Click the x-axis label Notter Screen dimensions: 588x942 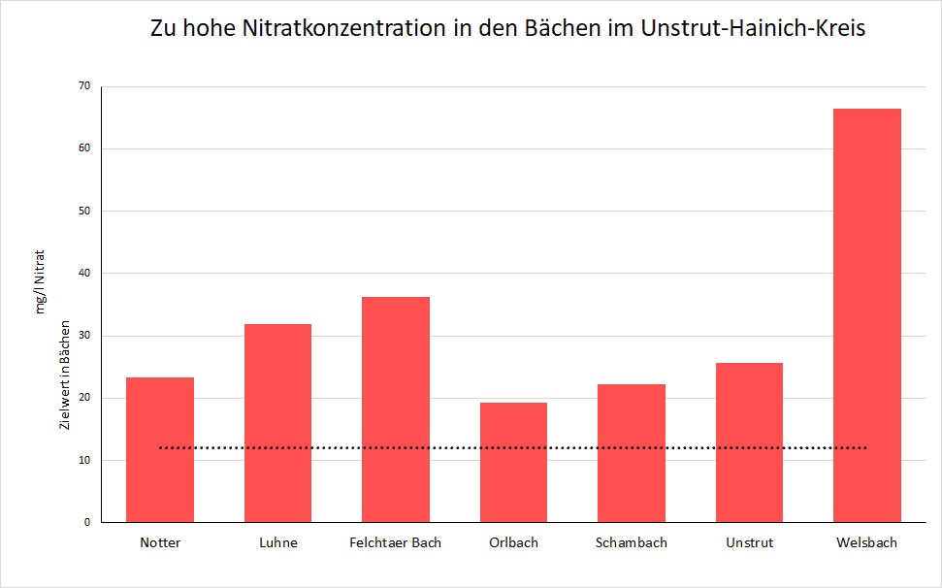pyautogui.click(x=160, y=542)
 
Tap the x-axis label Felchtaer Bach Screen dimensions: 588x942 pyautogui.click(x=396, y=542)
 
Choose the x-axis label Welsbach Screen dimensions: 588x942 pyautogui.click(x=867, y=542)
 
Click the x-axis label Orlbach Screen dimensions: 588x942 pyautogui.click(x=513, y=542)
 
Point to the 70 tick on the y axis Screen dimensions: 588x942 pyautogui.click(x=84, y=86)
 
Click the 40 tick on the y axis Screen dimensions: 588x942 pyautogui.click(x=84, y=274)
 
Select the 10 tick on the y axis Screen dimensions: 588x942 pyautogui.click(x=84, y=460)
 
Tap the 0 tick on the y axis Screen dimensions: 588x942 pyautogui.click(x=87, y=522)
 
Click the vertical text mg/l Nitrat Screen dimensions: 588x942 pyautogui.click(x=42, y=281)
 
